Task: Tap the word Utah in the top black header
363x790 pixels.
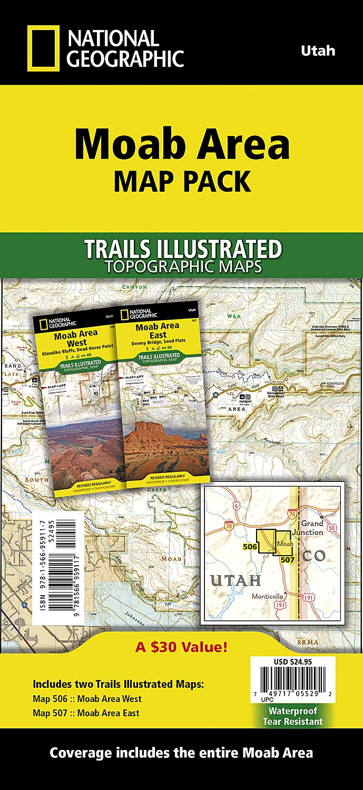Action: click(x=318, y=51)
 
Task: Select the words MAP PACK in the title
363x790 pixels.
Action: click(x=182, y=181)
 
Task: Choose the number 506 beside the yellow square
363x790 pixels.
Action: click(x=250, y=547)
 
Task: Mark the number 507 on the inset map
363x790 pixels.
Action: click(x=287, y=559)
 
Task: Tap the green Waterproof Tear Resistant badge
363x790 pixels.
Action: click(x=292, y=716)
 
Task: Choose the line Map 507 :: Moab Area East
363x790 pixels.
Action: click(x=87, y=713)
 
